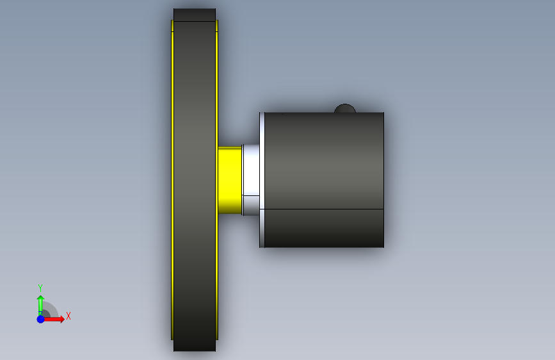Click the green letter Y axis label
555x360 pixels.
40,288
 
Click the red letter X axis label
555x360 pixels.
68,316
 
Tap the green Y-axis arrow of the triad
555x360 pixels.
41,305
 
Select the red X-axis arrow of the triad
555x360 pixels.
53,319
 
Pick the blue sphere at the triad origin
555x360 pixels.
41,319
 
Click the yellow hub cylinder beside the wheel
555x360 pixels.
230,181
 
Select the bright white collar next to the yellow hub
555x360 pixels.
252,170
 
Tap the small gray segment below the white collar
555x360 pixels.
252,206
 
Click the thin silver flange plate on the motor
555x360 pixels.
262,179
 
